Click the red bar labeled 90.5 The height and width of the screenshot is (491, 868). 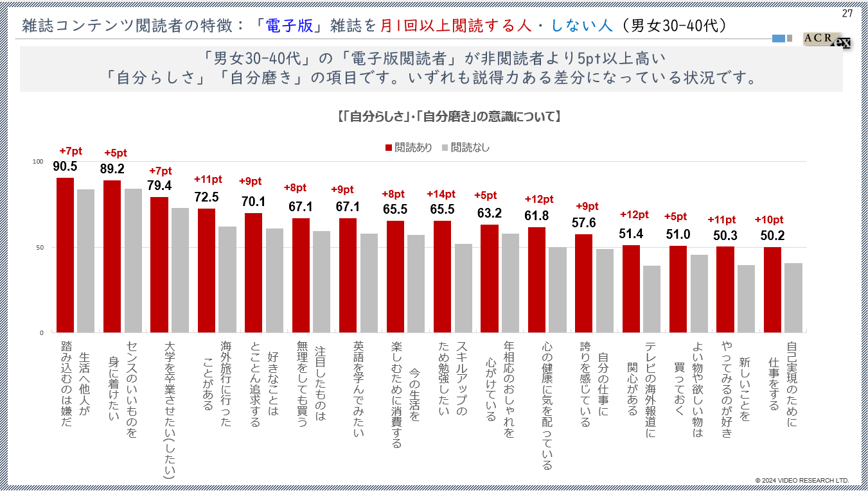(x=65, y=255)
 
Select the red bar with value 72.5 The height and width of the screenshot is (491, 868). (x=206, y=270)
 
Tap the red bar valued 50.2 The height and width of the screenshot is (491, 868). (x=773, y=289)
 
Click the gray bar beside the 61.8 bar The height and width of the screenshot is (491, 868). (x=558, y=289)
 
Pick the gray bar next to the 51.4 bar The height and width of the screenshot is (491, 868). (x=652, y=299)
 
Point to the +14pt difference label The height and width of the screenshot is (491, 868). (x=441, y=194)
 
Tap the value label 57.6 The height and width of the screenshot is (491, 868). (x=584, y=223)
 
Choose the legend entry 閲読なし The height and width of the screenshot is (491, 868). (x=465, y=148)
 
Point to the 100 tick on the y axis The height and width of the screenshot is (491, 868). (x=38, y=162)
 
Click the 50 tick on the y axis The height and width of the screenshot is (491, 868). (x=39, y=247)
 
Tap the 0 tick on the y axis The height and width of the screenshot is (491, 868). (x=41, y=332)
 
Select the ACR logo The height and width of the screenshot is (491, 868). (x=826, y=39)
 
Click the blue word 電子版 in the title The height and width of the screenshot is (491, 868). (x=290, y=26)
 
